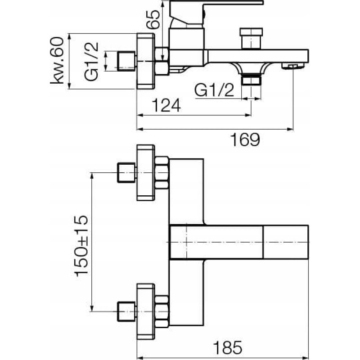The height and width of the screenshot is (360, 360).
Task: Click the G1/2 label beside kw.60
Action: [x=92, y=61]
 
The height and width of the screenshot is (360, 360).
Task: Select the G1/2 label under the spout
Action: [x=215, y=91]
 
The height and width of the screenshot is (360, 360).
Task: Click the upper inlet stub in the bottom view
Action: [x=126, y=173]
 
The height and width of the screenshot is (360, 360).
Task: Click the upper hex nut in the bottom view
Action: [x=162, y=173]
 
